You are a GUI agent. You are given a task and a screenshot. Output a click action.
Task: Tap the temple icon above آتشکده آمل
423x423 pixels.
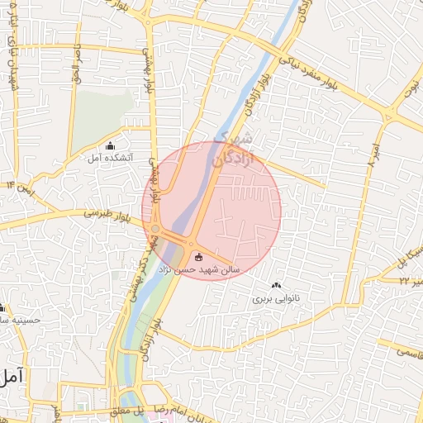pyautogui.click(x=111, y=146)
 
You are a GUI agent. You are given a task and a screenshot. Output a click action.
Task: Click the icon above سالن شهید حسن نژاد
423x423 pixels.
pyautogui.click(x=197, y=257)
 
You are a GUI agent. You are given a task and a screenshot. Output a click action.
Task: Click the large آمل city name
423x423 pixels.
pyautogui.click(x=12, y=377)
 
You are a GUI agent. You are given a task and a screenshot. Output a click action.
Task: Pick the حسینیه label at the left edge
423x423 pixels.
pyautogui.click(x=20, y=318)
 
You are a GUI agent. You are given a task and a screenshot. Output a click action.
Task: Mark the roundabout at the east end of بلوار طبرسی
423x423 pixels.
pyautogui.click(x=154, y=229)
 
